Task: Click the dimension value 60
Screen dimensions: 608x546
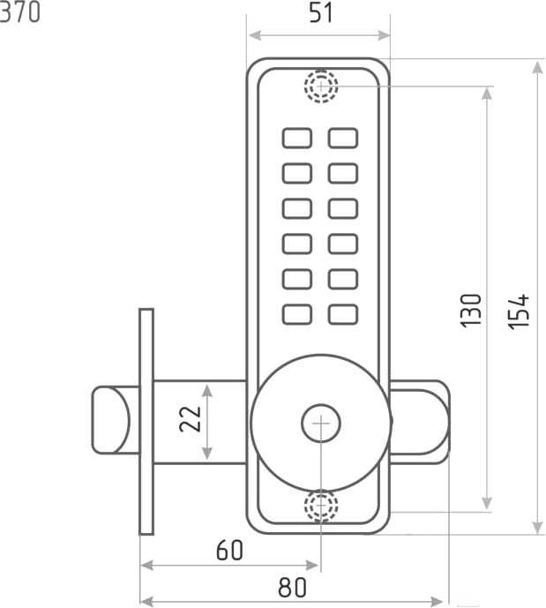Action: coord(229,551)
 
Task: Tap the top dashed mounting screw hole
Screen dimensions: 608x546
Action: coord(321,86)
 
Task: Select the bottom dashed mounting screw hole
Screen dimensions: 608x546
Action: coord(321,507)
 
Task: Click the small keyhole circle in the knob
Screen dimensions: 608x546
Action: coord(320,424)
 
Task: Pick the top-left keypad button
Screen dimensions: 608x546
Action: coord(297,139)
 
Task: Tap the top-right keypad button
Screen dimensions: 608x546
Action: coord(343,139)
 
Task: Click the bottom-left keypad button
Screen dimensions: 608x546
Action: coord(297,313)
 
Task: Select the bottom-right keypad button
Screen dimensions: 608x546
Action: coord(343,313)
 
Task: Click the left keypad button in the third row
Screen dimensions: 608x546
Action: coord(297,208)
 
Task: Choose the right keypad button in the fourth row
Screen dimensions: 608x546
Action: coord(343,243)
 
